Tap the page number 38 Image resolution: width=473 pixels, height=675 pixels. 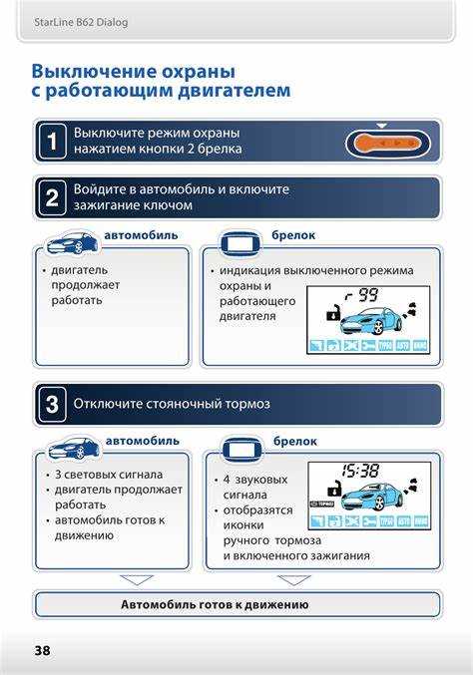click(41, 650)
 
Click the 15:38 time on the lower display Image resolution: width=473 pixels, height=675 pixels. click(359, 470)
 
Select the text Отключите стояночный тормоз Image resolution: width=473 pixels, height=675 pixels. click(171, 405)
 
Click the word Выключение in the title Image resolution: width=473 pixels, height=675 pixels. click(92, 72)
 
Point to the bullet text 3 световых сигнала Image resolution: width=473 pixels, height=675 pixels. click(108, 475)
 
